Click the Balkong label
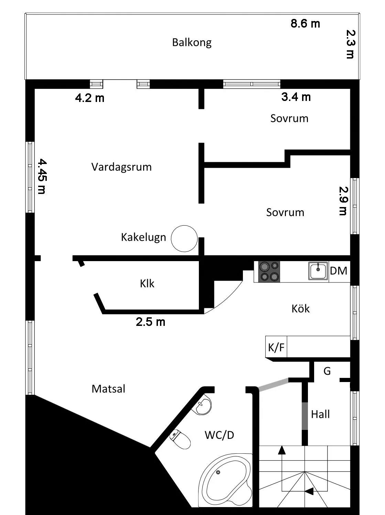192,42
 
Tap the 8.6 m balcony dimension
305,23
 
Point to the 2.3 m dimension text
351,44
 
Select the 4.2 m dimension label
89,98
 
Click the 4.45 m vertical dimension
41,176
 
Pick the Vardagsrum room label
121,167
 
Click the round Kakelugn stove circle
184,238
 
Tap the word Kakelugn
143,237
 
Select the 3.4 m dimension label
296,97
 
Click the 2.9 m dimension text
343,201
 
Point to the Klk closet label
147,284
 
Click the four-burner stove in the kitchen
269,271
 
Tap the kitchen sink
318,271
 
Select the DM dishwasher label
339,271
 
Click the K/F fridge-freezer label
276,347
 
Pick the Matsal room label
108,389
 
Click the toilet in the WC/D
181,439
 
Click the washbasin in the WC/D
204,406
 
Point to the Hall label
320,414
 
